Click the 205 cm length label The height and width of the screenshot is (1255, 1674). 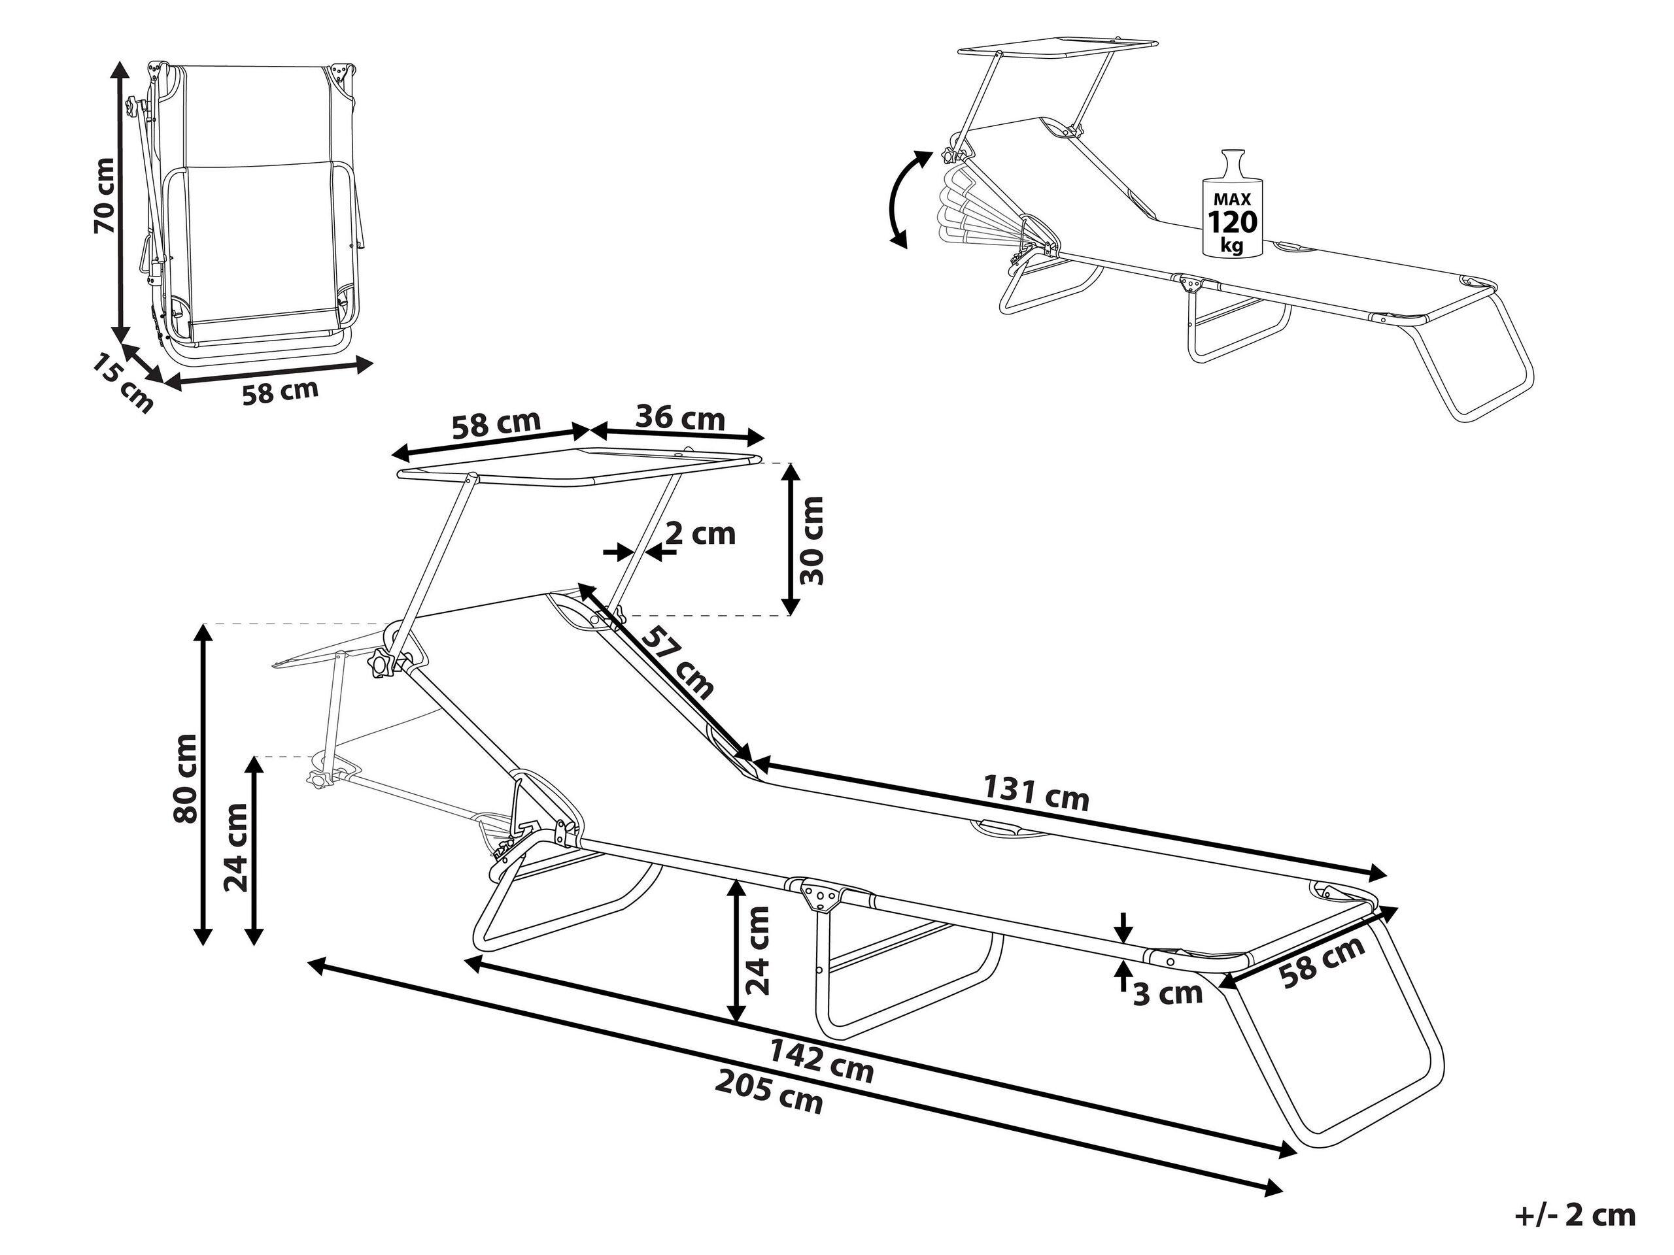768,1096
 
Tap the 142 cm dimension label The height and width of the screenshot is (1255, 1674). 821,1062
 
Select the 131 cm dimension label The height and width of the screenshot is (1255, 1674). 1036,794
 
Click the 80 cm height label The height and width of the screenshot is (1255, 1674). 186,778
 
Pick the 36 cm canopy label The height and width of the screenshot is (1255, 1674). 679,418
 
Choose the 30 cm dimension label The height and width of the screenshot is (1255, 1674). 812,539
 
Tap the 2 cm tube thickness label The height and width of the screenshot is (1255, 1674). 700,533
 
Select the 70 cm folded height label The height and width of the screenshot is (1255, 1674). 105,196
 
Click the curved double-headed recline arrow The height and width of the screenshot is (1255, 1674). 906,198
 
